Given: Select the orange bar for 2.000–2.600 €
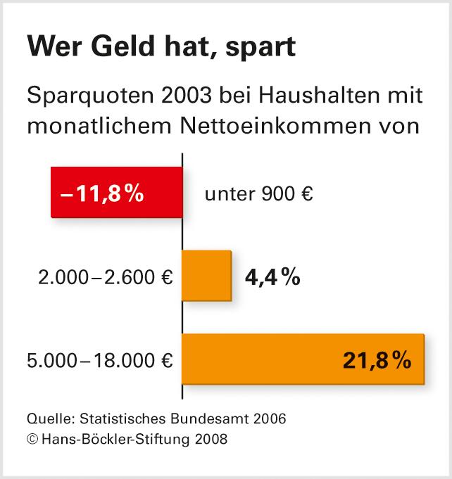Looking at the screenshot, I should pos(206,276).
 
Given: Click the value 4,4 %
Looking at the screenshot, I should pos(272,277).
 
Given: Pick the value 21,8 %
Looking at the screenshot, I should pos(377,360).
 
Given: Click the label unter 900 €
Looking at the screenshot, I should pos(258,193).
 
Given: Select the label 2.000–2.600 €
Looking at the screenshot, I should pos(106,277).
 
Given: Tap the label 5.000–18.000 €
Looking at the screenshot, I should pos(99,361).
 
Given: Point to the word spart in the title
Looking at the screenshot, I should pos(260,50).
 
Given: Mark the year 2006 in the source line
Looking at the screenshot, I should pos(269,419).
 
